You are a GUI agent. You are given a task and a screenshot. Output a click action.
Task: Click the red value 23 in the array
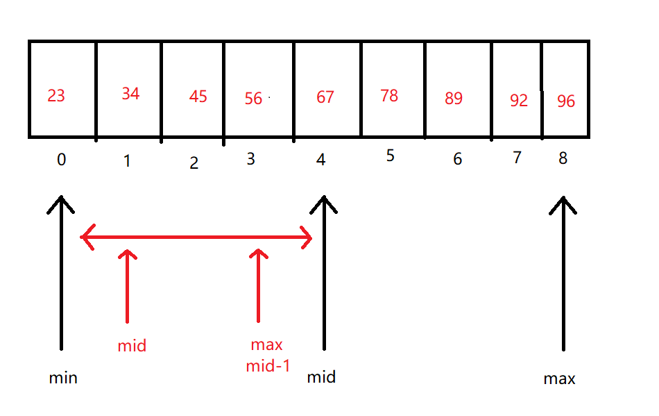point(56,95)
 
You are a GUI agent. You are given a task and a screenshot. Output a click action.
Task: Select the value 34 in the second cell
point(130,94)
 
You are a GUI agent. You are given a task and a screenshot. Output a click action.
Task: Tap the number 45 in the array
point(198,97)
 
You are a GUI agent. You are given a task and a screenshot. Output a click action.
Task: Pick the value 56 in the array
point(254,99)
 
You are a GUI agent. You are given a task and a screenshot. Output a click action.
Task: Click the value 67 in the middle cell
point(325,97)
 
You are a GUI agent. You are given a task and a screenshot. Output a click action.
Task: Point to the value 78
point(389,95)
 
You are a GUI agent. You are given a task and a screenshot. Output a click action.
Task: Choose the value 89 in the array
point(454,99)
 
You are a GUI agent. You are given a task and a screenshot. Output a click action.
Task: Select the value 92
point(519,101)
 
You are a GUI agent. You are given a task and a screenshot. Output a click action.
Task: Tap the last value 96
point(566,101)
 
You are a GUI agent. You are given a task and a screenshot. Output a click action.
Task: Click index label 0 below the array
point(62,160)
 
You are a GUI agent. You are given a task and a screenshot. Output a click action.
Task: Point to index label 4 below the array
point(320,160)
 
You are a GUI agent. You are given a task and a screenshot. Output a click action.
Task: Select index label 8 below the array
point(563,158)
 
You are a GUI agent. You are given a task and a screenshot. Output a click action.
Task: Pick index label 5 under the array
point(391,156)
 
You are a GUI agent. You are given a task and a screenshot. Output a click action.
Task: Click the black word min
point(63,378)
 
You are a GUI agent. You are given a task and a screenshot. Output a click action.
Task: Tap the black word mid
point(321,377)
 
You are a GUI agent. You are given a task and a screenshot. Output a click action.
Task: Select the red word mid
point(132,346)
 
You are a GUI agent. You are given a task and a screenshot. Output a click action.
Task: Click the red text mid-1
point(267,366)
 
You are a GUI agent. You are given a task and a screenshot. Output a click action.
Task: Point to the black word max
point(559,379)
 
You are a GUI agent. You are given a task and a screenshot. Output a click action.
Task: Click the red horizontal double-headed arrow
point(196,238)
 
